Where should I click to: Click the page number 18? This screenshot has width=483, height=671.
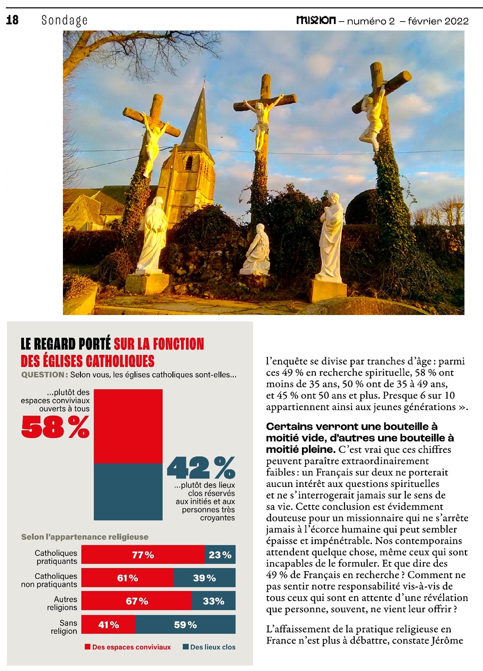[12, 20]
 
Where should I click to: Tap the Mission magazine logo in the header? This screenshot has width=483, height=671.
[316, 20]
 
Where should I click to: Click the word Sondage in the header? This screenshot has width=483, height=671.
[64, 20]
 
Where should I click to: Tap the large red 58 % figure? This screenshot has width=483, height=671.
[55, 427]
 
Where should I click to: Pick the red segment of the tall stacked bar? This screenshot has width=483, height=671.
[128, 426]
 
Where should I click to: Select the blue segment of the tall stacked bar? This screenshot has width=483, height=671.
[128, 491]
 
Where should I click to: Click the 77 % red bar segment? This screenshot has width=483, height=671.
[143, 555]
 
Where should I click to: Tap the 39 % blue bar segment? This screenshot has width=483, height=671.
[204, 578]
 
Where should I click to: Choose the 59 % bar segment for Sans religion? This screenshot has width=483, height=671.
[185, 625]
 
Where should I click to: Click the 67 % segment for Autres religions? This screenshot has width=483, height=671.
[137, 601]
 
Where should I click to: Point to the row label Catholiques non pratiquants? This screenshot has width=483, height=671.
[49, 580]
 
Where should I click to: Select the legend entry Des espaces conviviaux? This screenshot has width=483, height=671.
[128, 647]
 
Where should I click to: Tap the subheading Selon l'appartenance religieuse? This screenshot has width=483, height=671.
[85, 537]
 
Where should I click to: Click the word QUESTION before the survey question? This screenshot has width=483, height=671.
[43, 375]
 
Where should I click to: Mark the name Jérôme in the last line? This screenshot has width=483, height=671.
[447, 640]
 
